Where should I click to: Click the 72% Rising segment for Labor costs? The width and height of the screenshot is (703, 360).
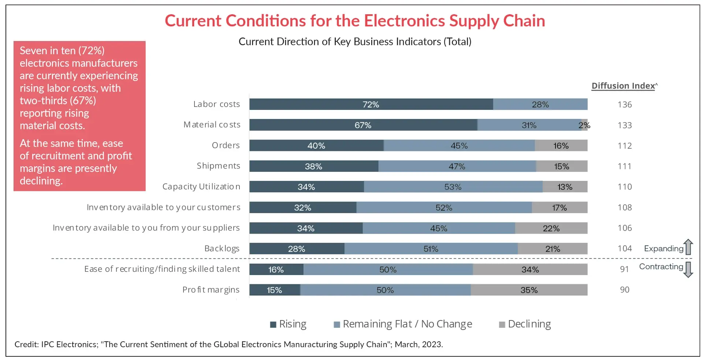click(x=371, y=104)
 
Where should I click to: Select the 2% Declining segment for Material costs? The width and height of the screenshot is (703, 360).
click(x=585, y=125)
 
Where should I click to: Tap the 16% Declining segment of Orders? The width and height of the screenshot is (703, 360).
click(x=561, y=146)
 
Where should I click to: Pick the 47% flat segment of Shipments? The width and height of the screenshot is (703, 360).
click(x=457, y=166)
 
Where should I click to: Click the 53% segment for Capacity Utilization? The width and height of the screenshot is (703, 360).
click(x=453, y=187)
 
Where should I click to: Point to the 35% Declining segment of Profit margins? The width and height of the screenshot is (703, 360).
click(x=529, y=290)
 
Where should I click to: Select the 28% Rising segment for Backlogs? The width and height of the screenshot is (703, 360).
click(x=297, y=249)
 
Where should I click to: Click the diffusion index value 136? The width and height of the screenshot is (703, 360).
click(x=625, y=105)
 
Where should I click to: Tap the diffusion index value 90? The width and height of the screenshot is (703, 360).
click(x=625, y=290)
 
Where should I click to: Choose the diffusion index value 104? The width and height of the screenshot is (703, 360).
click(x=625, y=249)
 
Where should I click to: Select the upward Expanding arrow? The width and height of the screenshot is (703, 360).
click(x=688, y=247)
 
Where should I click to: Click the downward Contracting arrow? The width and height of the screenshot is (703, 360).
click(x=688, y=269)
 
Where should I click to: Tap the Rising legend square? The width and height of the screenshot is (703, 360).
click(x=273, y=324)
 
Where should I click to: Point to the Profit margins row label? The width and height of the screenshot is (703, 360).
click(x=211, y=290)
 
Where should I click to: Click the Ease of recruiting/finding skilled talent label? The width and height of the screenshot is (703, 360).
click(x=162, y=269)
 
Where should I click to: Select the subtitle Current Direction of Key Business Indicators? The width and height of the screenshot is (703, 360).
click(x=355, y=42)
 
